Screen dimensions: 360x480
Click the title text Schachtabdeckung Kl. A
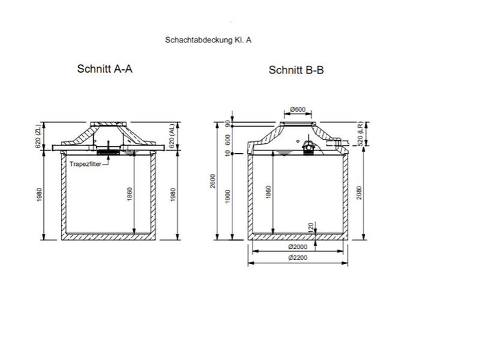coord(208,40)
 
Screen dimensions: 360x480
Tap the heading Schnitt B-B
coord(296,70)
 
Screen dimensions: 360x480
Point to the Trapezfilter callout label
coord(86,163)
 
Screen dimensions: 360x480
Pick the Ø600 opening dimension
coord(298,109)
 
